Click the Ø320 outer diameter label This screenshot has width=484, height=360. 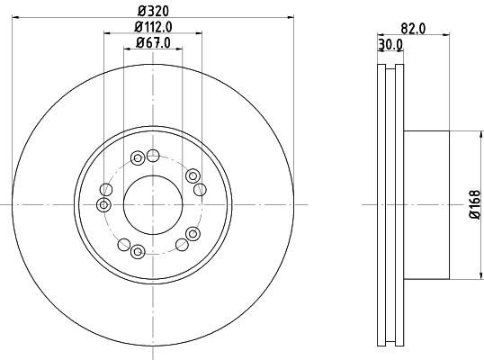(153, 11)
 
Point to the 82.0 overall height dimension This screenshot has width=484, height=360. (414, 28)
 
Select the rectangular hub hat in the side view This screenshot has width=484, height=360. (426, 205)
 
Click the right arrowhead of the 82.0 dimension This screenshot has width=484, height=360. (447, 35)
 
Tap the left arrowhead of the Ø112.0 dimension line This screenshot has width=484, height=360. (107, 33)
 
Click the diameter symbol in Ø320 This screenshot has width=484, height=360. (140, 11)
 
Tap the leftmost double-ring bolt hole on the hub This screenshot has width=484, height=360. (104, 189)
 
